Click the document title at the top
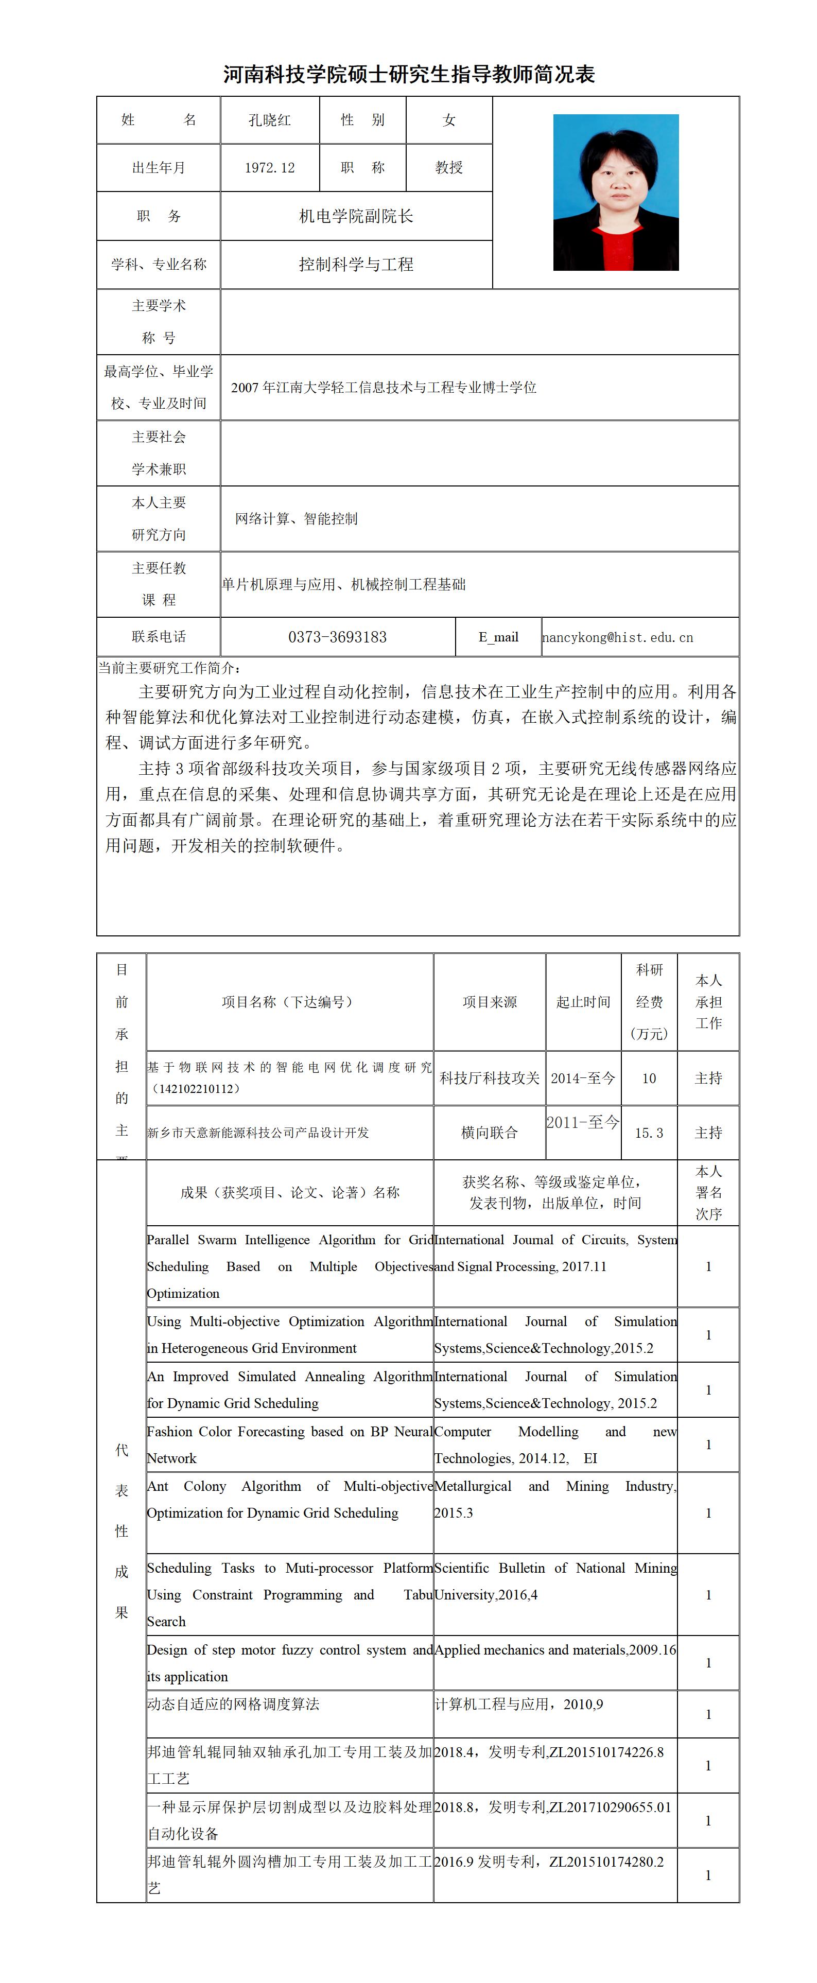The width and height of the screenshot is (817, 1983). (409, 75)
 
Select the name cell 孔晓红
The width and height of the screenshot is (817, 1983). (270, 120)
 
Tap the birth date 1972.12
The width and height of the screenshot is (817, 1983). (270, 168)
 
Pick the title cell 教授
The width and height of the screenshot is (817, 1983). (449, 168)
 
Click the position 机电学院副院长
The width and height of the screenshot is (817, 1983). (356, 216)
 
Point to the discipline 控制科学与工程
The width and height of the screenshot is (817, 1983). (356, 265)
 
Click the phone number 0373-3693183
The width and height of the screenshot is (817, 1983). (337, 637)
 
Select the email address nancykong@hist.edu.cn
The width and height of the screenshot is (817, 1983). (618, 637)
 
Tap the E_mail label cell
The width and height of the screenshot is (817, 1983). (498, 637)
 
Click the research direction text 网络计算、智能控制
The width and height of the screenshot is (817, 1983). (297, 519)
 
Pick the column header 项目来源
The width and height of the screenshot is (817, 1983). (490, 1001)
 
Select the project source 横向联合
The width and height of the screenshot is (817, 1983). (490, 1133)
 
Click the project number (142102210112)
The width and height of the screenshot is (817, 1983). (196, 1088)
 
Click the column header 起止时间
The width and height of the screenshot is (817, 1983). (583, 1001)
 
